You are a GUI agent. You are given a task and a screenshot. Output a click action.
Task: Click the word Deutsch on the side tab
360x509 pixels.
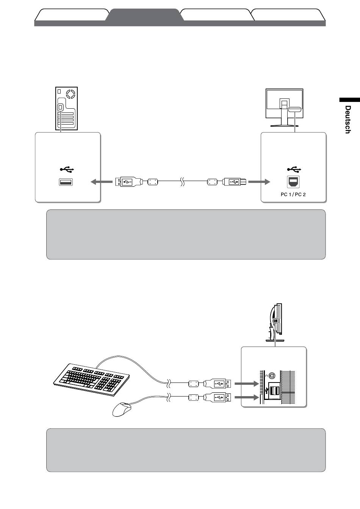point(347,119)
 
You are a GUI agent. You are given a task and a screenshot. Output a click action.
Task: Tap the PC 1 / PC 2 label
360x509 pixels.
point(293,195)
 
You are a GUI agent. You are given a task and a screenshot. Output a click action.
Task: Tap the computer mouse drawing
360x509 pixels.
point(122,409)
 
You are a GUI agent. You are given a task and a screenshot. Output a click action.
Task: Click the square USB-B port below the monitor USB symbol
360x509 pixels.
point(293,182)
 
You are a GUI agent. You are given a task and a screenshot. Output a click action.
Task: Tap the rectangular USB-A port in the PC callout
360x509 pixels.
point(66,182)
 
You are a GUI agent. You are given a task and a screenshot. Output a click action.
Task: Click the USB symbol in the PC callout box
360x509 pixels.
point(68,169)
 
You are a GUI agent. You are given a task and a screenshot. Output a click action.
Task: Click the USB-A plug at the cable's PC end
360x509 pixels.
point(128,182)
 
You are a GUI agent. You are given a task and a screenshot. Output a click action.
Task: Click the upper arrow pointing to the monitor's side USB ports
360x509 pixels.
point(246,384)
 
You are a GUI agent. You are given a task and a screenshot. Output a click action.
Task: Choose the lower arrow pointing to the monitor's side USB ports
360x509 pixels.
point(246,397)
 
